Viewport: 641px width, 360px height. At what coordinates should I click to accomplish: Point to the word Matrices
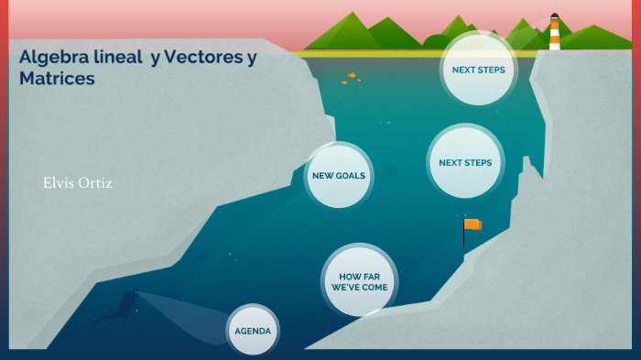point(57,78)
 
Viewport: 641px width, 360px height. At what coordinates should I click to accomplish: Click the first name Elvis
point(59,183)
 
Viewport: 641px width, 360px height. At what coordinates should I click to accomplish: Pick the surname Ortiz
point(95,183)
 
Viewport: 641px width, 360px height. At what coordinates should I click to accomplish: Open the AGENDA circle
point(253,331)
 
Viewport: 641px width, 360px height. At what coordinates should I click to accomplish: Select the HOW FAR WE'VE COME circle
point(359,282)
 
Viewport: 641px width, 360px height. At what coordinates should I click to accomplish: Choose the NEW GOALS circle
point(339,176)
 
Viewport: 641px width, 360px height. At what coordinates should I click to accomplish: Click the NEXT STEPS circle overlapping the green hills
point(478,70)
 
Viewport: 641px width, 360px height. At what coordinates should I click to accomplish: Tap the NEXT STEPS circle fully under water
point(465,162)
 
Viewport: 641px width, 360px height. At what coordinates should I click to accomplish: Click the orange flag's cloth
point(473,224)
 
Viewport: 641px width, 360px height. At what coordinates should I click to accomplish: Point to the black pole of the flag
point(464,234)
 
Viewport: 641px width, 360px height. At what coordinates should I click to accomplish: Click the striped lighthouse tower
point(554,35)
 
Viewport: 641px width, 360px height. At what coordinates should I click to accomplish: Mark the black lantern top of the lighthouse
point(554,16)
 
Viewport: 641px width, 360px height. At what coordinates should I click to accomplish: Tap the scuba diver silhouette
point(118,307)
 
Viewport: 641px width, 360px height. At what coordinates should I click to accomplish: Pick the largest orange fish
point(352,75)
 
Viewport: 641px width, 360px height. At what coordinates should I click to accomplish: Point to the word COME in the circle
point(375,288)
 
